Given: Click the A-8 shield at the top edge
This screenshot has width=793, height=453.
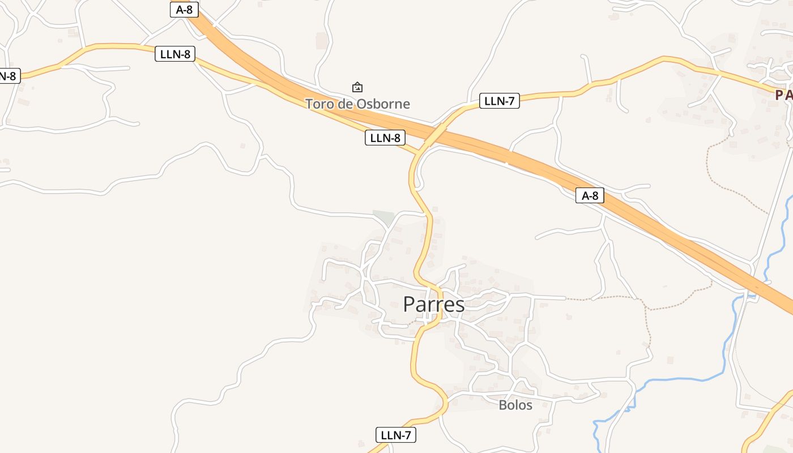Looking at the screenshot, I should [x=184, y=10].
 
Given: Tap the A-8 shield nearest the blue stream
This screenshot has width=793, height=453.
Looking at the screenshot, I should [x=590, y=196].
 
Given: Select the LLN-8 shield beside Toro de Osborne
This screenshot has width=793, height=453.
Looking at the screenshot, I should [x=385, y=138].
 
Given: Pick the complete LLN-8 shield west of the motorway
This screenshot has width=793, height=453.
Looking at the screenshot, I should [x=175, y=54].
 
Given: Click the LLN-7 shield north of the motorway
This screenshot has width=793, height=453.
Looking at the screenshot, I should [x=499, y=101].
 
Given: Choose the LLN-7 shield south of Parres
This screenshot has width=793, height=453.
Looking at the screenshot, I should [x=395, y=435].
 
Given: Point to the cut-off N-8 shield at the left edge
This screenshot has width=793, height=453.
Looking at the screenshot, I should [x=9, y=75].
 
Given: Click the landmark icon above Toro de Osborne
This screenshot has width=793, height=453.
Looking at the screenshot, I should [x=357, y=87].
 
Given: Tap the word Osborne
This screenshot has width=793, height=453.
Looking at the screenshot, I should [x=382, y=104].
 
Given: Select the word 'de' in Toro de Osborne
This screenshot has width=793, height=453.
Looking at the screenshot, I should [x=345, y=104].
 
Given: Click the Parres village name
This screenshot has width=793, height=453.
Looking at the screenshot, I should [x=433, y=305].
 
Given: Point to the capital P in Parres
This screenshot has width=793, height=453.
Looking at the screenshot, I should [x=410, y=305].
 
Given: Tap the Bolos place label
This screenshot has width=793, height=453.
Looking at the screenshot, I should [x=515, y=405].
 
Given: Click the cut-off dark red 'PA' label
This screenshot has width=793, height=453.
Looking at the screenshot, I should [x=784, y=95].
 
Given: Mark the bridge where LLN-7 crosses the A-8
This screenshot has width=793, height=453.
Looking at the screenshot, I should [x=436, y=135].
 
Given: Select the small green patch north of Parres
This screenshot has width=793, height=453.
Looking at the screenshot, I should [x=384, y=217].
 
